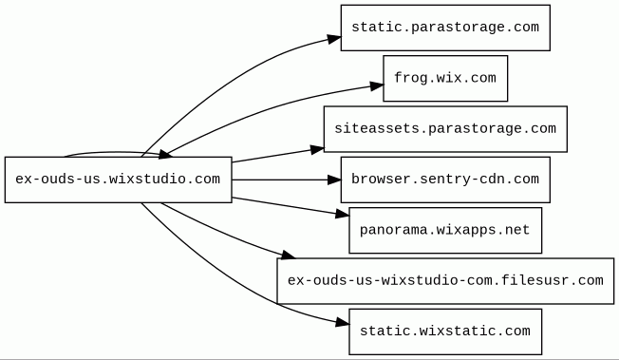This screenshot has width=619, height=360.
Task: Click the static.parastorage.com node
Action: tap(445, 28)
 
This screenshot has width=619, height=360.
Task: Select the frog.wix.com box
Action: tap(445, 78)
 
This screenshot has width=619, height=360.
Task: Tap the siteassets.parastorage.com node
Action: tap(445, 129)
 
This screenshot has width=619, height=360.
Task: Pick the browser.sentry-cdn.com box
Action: tap(445, 180)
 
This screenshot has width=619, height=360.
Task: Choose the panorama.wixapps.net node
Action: tap(445, 231)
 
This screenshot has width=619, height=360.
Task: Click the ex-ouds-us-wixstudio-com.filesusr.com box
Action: tap(445, 281)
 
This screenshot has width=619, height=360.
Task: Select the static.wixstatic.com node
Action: tap(445, 332)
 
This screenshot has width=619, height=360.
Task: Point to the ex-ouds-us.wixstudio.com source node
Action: tap(118, 180)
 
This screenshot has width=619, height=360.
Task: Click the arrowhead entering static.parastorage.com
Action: tap(334, 39)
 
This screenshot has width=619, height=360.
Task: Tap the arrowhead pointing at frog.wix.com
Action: tap(377, 85)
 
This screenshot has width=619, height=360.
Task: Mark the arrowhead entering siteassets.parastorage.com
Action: tap(317, 149)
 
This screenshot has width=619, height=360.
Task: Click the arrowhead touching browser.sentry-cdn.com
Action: tap(334, 180)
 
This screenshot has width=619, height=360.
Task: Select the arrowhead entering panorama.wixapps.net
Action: tap(343, 214)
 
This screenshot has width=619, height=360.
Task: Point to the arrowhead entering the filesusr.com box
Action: tap(288, 255)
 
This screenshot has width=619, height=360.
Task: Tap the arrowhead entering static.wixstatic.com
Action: tap(343, 323)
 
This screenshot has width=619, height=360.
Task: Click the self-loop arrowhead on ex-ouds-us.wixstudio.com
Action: tap(165, 154)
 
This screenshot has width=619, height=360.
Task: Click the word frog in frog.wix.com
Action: tap(409, 78)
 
